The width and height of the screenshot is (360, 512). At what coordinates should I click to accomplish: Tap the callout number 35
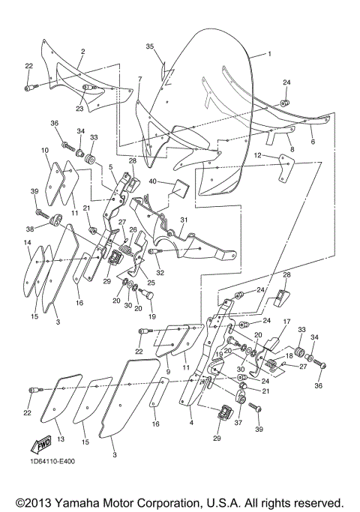click(x=150, y=46)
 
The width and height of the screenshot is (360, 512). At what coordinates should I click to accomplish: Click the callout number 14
click(x=26, y=243)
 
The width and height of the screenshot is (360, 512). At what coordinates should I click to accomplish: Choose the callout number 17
click(x=286, y=321)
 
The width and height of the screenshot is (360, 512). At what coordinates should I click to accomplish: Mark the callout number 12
click(x=258, y=155)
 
